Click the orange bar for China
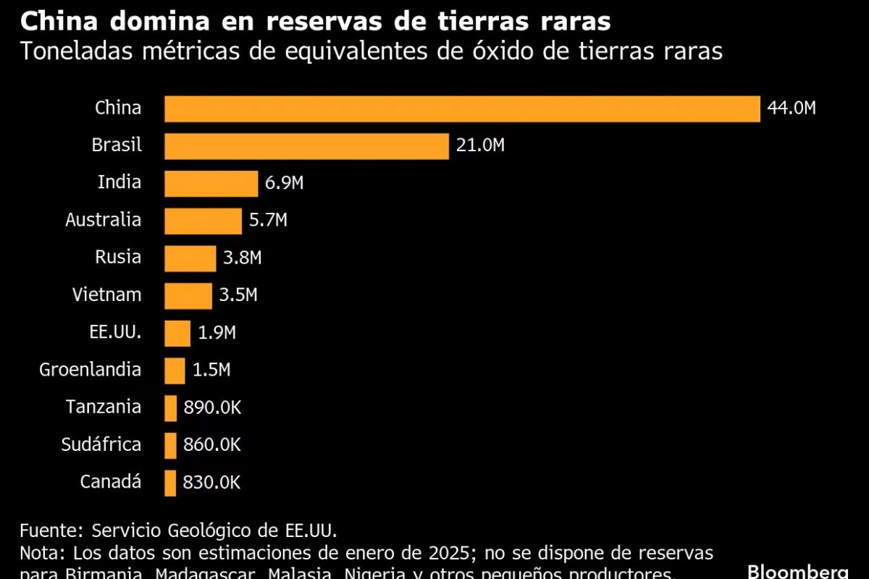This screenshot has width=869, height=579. pos(462,109)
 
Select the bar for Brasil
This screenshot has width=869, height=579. pos(306,146)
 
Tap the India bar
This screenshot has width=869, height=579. pos(211,184)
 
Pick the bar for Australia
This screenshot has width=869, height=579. pos(203,221)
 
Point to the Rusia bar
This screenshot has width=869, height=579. pos(190,258)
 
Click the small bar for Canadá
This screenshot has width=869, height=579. pos(170,483)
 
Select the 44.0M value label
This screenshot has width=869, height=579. pos(792,109)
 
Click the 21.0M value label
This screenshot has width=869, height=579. pos(480,146)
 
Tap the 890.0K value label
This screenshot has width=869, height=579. pos(212,408)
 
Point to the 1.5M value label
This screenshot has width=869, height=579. pos(211,371)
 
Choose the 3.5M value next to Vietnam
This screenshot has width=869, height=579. pos(238,295)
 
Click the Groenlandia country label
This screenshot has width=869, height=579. pos(91,370)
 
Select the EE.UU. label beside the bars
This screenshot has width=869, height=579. pos(111,333)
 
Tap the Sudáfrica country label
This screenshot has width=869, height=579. pos(101,444)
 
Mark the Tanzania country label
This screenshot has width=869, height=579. pos(104,407)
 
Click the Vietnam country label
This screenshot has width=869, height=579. pos(106,295)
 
